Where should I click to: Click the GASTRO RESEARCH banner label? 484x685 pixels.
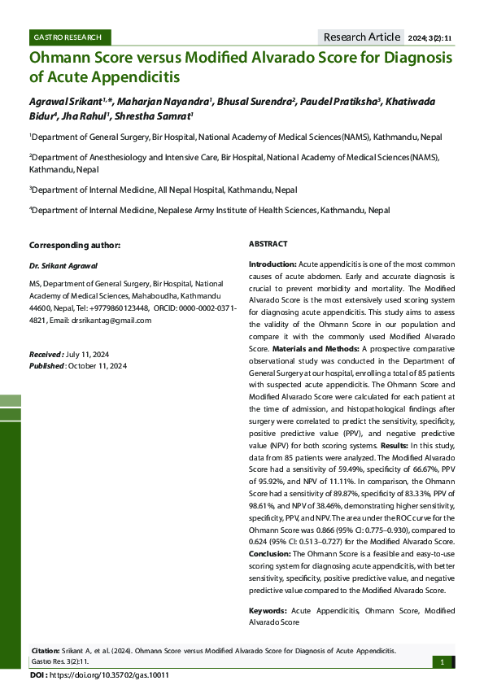coord(67,37)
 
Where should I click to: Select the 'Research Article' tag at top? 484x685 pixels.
coord(362,37)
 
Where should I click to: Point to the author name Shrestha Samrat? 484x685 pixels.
coord(159,116)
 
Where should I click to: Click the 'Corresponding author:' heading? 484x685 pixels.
coord(75,245)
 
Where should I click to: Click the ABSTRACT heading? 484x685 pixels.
coord(268,244)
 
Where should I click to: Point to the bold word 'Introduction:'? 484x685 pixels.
coord(272,265)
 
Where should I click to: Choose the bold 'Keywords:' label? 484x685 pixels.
coord(268,609)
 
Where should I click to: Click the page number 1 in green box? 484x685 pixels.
coord(442,662)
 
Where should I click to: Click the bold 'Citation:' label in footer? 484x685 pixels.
coord(45,651)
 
